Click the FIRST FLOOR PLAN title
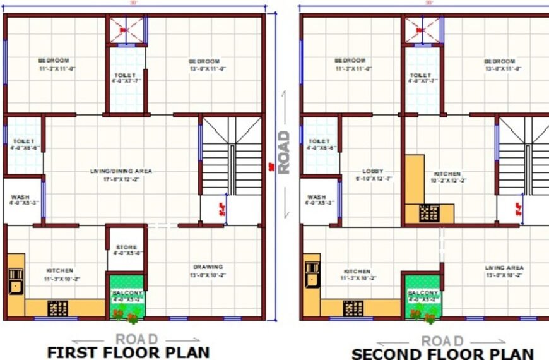[x=128, y=352]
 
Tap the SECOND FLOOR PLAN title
[x=442, y=354]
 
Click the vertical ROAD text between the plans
[x=284, y=152]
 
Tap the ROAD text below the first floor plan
[x=136, y=340]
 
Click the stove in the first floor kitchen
[x=58, y=308]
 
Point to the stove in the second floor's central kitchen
[x=430, y=213]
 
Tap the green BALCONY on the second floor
[x=422, y=296]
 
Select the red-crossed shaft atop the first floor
[x=126, y=30]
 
